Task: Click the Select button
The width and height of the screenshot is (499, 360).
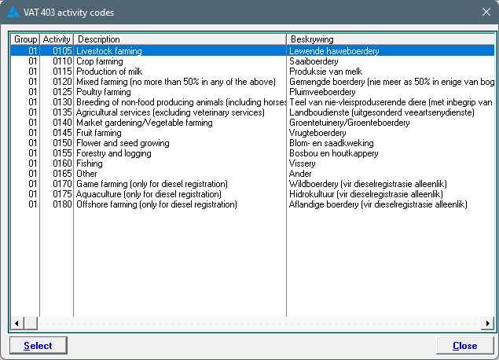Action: tap(39, 345)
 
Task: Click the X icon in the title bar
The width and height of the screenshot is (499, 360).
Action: tap(486, 12)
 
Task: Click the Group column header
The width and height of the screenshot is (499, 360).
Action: tap(25, 39)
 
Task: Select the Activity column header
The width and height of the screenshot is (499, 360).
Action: tap(57, 39)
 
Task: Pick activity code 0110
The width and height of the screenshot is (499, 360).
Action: tap(62, 61)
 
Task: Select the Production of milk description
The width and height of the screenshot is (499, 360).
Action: tap(109, 72)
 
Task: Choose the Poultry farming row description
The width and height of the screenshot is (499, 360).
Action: tap(104, 92)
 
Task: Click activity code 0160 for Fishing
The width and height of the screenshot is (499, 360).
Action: tap(62, 163)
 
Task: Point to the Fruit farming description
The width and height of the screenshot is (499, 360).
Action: tap(99, 133)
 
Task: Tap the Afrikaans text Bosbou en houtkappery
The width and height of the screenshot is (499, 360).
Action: tap(333, 153)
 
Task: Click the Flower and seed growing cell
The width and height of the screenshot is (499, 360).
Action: tap(123, 143)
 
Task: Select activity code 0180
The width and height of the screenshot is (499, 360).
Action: tap(62, 204)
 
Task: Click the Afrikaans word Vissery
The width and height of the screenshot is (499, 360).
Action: tap(302, 163)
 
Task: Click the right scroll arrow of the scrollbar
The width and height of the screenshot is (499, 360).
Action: tap(488, 323)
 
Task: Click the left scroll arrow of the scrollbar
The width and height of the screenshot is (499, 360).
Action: tap(17, 323)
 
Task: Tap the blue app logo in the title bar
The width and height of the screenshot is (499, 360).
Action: tap(13, 13)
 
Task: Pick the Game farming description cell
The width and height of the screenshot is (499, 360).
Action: tap(152, 184)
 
